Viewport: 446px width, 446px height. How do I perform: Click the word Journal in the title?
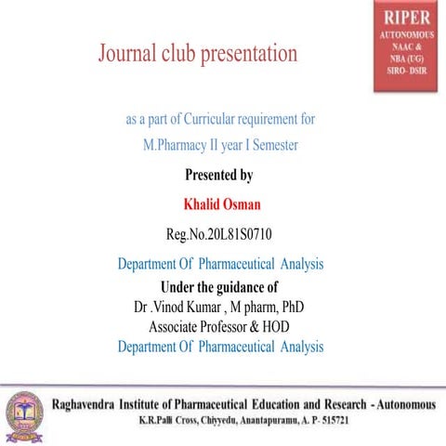coord(128,54)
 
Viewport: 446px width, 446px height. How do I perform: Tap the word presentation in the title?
coord(247,54)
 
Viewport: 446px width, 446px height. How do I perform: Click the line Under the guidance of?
coord(219,285)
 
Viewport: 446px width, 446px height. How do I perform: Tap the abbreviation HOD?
coord(276,326)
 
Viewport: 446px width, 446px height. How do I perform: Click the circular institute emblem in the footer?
coord(20,409)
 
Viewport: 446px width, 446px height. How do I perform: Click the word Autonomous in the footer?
coord(401,403)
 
